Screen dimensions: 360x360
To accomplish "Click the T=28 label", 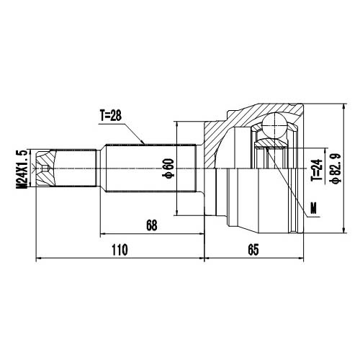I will point(112,115).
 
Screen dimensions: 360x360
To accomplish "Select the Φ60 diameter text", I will point(168,167).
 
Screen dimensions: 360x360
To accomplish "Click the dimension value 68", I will point(151,225).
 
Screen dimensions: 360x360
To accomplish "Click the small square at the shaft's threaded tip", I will point(47,170).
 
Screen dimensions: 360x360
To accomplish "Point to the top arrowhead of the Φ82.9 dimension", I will point(341,107).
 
